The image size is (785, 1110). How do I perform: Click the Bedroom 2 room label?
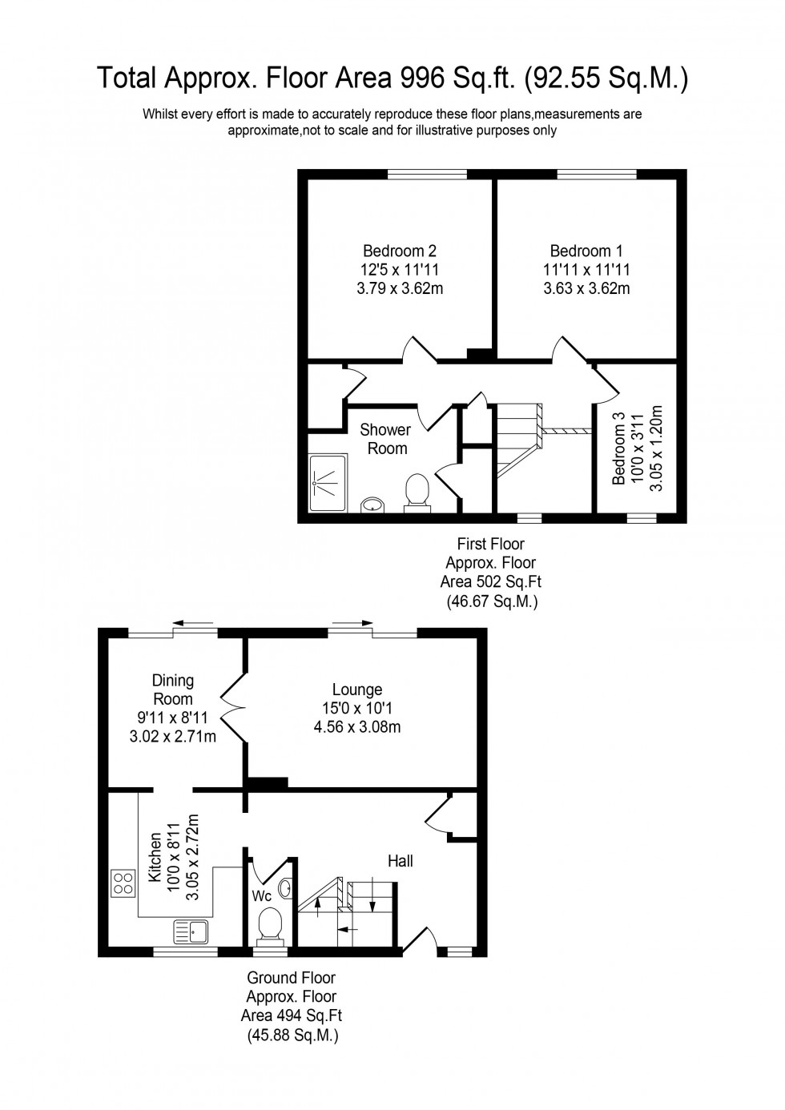[399, 251]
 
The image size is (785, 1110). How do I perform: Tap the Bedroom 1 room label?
[586, 251]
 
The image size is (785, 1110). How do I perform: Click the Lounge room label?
[357, 690]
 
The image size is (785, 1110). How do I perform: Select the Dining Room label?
[173, 690]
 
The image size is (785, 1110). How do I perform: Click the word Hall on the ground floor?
[401, 861]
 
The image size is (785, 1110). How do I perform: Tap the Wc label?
[263, 895]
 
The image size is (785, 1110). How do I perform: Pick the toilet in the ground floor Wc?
[271, 927]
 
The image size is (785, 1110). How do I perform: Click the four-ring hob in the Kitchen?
[123, 883]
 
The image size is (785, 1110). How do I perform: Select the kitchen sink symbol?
[190, 931]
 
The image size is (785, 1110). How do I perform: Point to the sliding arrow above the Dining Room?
[193, 622]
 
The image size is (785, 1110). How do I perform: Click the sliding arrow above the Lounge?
[353, 622]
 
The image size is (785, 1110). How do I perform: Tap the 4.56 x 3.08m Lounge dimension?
[357, 727]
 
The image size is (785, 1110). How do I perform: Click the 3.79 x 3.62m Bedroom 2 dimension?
[399, 288]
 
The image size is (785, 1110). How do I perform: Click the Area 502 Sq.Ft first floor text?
[491, 581]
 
